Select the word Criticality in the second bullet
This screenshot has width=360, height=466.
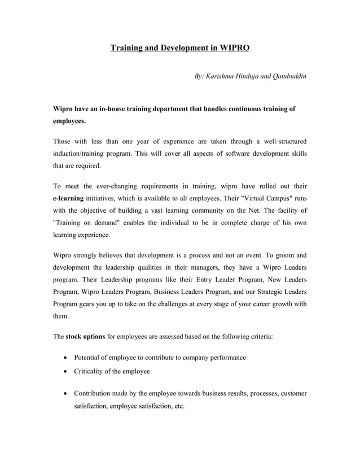pyautogui.click(x=92, y=372)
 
